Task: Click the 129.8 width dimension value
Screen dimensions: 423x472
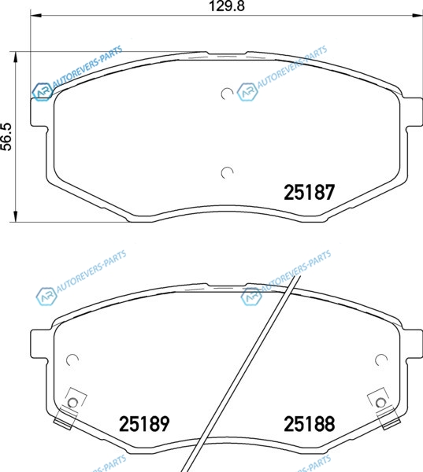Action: coord(227,6)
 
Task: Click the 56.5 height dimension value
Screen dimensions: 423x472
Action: coord(6,137)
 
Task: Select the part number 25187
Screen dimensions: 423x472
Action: coord(309,192)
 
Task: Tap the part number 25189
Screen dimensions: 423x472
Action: coord(144,424)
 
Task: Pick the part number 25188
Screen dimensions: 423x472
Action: coord(309,424)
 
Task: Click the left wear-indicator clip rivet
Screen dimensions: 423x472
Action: coord(72,403)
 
